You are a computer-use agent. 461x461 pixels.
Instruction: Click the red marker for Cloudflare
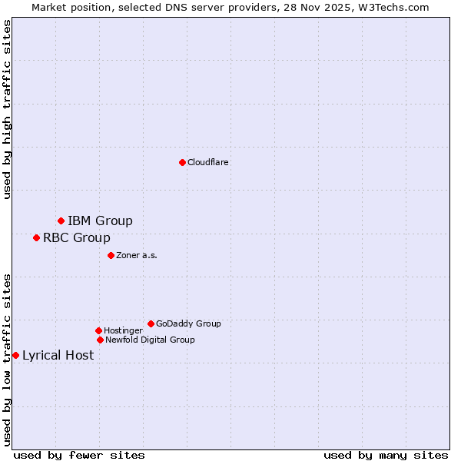click(x=182, y=162)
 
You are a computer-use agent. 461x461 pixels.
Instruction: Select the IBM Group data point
click(x=61, y=221)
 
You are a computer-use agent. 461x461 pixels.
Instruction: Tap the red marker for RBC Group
click(x=36, y=238)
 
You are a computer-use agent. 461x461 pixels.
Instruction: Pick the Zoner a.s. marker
click(x=111, y=255)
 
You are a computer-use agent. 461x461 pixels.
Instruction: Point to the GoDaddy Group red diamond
click(x=151, y=323)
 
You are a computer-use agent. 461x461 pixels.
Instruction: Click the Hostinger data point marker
click(x=98, y=330)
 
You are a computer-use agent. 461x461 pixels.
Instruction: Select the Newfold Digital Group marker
click(x=100, y=340)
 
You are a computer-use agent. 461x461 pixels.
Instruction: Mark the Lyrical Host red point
click(x=15, y=355)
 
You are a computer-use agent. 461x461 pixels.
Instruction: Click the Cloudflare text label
click(x=208, y=162)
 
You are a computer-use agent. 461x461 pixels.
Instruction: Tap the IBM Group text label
click(x=100, y=221)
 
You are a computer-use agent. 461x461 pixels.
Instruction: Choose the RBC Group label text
click(x=77, y=238)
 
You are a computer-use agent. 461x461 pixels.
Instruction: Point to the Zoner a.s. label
click(x=137, y=255)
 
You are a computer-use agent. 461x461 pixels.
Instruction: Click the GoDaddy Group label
click(x=188, y=323)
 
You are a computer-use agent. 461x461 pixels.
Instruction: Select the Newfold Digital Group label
click(x=150, y=340)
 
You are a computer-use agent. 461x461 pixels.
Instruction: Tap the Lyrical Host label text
click(x=58, y=355)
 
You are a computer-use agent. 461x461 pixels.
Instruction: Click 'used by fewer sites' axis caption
click(x=79, y=455)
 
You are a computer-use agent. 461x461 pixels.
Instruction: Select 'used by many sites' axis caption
click(x=386, y=455)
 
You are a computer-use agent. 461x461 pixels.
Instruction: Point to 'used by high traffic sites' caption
click(x=7, y=109)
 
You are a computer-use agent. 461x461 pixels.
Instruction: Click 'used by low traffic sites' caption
click(x=7, y=360)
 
